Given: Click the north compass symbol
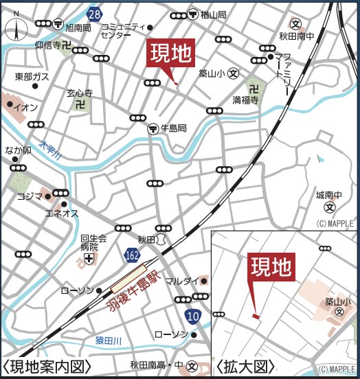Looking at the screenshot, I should pos(15,29).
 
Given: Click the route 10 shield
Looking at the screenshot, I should pos(193,315).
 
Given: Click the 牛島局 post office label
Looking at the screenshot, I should pos(174,128).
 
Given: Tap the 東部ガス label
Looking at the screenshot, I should pos(31,76).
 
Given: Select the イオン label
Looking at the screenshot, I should pos(26,108).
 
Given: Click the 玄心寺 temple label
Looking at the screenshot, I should pos(80,92).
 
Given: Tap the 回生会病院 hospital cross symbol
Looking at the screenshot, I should pos(89,259).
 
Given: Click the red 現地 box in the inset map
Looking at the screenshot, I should pos(271,269).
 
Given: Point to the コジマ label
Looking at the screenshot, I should pos(30,196).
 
